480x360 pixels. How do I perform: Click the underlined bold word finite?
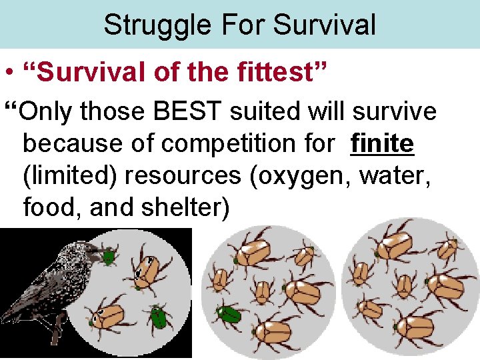[x=382, y=143]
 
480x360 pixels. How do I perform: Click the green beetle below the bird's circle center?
[x=159, y=317]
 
